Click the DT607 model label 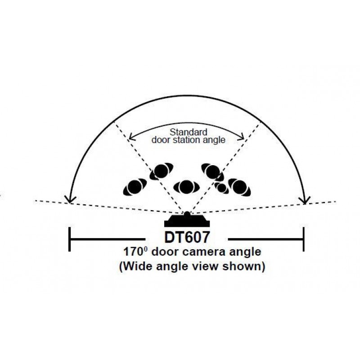[187, 237]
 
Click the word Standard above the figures [188, 132]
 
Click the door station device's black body [187, 221]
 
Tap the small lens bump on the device [187, 215]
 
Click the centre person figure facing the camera [186, 187]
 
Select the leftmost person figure [135, 187]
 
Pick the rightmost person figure [239, 187]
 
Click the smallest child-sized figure [221, 188]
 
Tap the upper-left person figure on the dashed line [161, 171]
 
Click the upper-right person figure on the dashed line [212, 172]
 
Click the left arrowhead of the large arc [70, 199]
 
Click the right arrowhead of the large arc [305, 200]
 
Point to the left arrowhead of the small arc [131, 137]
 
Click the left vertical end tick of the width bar [70, 239]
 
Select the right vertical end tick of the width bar [304, 239]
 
